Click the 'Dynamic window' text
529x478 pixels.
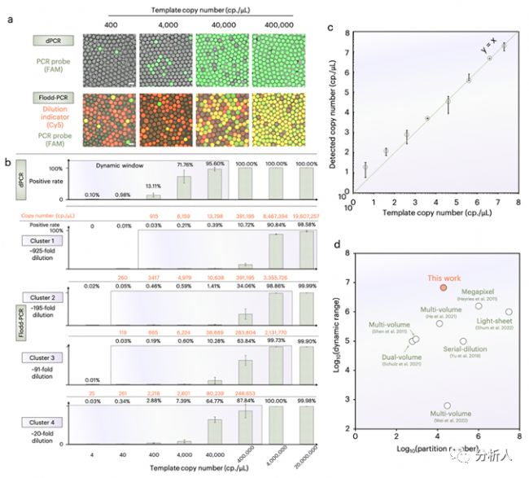(131, 165)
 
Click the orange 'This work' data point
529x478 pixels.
(444, 287)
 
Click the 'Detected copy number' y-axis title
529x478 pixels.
(334, 117)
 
